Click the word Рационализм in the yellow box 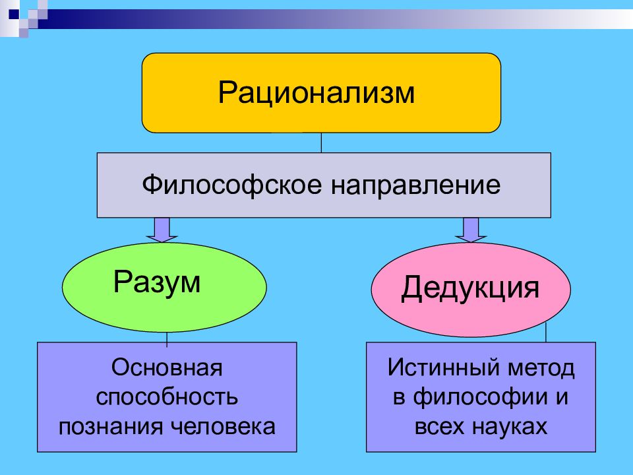[x=316, y=93]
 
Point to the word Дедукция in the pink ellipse [x=470, y=288]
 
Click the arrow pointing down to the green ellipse [x=162, y=230]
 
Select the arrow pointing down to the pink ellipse [x=471, y=230]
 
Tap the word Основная [x=167, y=367]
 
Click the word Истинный [x=444, y=367]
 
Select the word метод [x=541, y=369]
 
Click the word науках [x=508, y=427]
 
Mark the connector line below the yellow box [x=321, y=142]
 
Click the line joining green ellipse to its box [x=167, y=339]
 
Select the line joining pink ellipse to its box [x=546, y=332]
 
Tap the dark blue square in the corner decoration [x=13, y=14]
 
